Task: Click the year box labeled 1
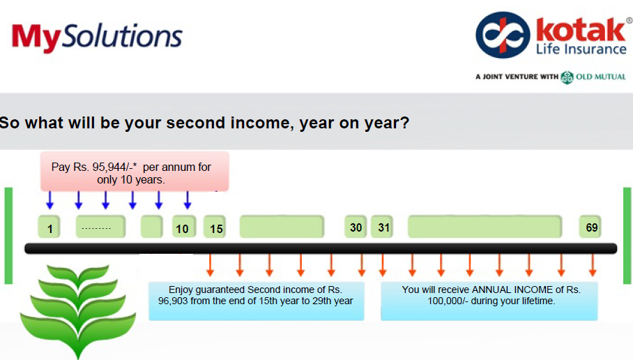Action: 49,227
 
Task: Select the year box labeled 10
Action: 184,227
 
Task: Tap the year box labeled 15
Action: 215,227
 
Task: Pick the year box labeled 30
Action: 356,227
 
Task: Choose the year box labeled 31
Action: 382,227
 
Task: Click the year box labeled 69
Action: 590,227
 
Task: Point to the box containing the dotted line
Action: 100,227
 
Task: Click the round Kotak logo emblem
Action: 503,35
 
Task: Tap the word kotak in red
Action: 581,29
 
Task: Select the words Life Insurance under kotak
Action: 581,50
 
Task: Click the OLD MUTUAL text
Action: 601,77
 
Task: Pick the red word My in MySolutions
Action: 36,38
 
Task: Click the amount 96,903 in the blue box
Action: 172,301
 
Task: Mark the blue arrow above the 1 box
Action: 50,200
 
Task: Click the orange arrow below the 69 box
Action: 593,265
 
